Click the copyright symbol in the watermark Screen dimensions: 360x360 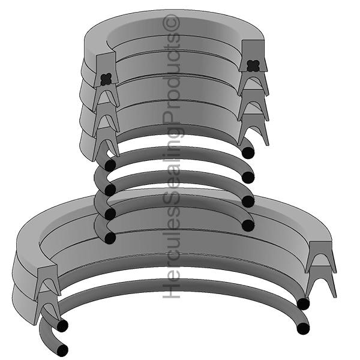(x=171, y=23)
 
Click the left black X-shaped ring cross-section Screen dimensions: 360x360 (x=106, y=79)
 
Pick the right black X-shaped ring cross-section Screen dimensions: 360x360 (x=253, y=66)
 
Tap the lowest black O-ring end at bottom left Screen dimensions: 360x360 (x=62, y=350)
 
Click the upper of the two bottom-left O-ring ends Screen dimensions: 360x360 (x=62, y=325)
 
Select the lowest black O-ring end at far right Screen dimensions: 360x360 (x=303, y=328)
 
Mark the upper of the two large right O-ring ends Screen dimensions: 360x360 (x=303, y=304)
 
